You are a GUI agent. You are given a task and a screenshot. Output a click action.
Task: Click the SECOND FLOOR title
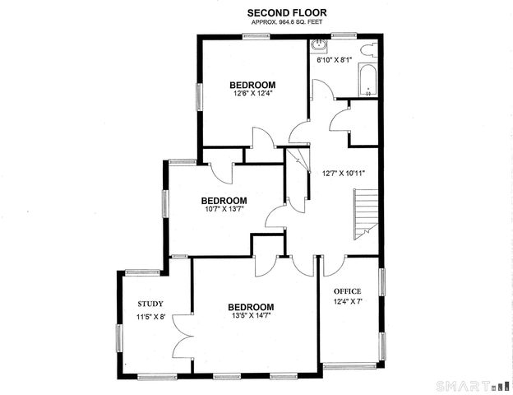(287, 12)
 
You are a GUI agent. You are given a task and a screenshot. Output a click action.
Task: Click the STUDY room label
(150, 303)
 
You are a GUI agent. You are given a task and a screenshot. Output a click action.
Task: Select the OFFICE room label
(347, 291)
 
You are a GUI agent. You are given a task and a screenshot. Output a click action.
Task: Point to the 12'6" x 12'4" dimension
(252, 94)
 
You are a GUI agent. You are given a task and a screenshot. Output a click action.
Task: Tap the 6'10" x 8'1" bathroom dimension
(335, 59)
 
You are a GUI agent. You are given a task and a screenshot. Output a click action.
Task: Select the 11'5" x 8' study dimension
(151, 317)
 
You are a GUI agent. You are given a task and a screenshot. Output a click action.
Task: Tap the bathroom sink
(321, 47)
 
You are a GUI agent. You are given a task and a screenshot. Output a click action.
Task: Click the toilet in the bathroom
(369, 51)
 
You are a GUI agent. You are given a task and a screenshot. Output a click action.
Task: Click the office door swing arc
(331, 265)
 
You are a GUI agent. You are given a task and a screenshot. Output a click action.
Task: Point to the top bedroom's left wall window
(197, 95)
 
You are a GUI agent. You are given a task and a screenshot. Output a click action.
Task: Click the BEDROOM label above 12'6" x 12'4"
(252, 85)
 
